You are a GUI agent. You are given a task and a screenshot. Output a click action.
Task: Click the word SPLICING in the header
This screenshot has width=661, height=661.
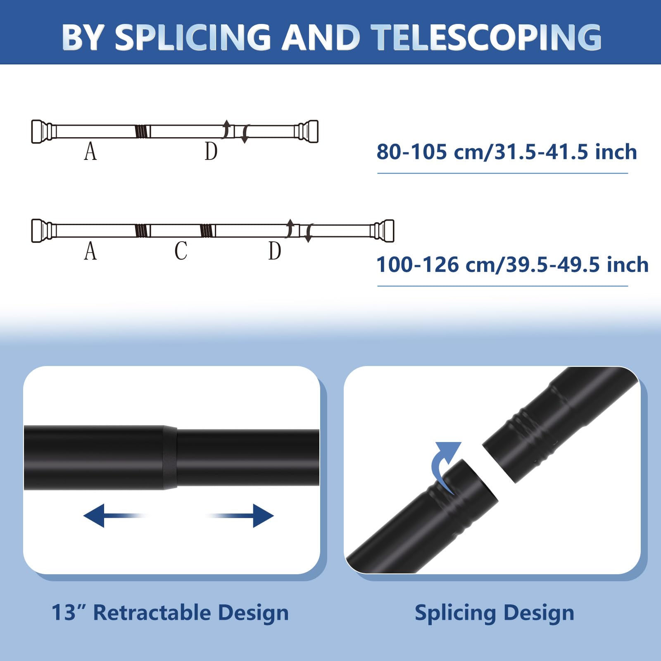193,37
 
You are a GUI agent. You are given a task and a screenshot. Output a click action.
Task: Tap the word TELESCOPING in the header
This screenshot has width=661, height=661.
486,37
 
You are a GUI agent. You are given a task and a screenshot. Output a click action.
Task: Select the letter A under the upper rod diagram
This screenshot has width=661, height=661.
90,151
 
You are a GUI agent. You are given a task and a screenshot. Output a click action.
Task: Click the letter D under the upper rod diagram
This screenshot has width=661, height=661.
211,151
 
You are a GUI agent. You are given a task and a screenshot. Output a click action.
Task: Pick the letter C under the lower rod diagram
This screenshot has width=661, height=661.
181,251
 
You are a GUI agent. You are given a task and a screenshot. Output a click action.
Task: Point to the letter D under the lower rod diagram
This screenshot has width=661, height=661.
275,251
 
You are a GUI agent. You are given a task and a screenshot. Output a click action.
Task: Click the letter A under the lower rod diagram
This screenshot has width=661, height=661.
90,251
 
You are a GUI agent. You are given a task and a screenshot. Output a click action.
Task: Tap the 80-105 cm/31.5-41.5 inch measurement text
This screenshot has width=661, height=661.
506,152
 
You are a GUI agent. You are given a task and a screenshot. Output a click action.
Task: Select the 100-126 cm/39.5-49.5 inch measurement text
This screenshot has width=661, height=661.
512,264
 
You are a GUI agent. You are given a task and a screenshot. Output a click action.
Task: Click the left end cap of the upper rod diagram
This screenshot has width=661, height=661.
42,131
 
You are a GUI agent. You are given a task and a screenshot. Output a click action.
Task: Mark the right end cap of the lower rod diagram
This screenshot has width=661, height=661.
384,231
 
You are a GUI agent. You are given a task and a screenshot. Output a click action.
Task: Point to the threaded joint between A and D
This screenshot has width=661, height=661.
141,131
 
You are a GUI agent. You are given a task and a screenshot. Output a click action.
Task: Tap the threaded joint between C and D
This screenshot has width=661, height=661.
207,231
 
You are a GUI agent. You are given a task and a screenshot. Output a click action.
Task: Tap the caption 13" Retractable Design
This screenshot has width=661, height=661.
170,613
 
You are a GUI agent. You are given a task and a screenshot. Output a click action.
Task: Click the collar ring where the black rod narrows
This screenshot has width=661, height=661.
170,458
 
